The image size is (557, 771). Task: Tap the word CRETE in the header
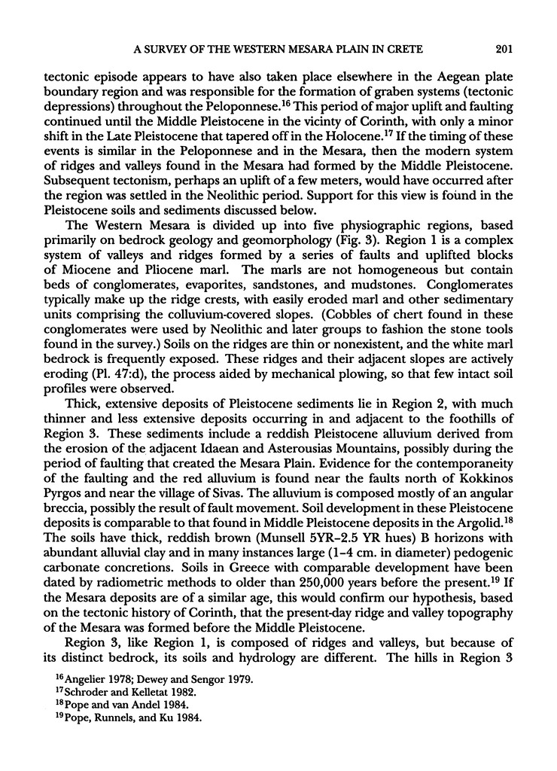tap(405, 50)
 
